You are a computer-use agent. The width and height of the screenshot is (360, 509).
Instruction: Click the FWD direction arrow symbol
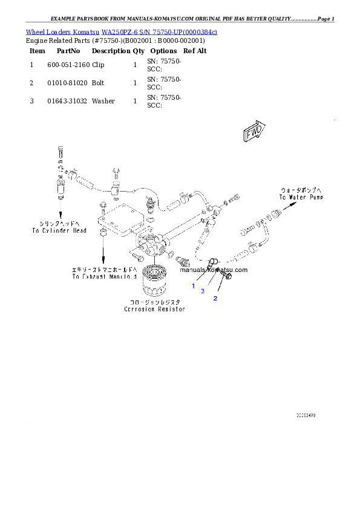click(253, 132)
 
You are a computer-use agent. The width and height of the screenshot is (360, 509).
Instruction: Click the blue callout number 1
click(194, 286)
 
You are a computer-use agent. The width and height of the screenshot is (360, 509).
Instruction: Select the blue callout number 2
click(214, 299)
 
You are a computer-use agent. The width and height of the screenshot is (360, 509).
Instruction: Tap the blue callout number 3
click(203, 291)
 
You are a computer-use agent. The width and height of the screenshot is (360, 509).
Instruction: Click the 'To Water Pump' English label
click(301, 197)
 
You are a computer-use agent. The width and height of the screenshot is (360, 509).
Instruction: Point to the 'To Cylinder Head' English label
click(59, 230)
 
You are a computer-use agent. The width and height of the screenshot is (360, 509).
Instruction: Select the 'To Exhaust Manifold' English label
click(103, 276)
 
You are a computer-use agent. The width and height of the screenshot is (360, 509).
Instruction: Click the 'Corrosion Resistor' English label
click(154, 309)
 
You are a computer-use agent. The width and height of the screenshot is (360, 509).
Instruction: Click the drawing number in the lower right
click(306, 415)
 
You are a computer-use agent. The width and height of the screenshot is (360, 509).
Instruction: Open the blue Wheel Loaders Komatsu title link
click(121, 31)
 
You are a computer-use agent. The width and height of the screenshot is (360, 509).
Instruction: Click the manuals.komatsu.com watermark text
click(214, 270)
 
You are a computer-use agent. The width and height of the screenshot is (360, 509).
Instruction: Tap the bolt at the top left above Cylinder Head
click(59, 151)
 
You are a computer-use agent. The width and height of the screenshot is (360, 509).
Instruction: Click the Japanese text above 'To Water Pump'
click(301, 190)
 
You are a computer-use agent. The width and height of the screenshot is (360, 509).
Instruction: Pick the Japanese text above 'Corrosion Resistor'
click(154, 302)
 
